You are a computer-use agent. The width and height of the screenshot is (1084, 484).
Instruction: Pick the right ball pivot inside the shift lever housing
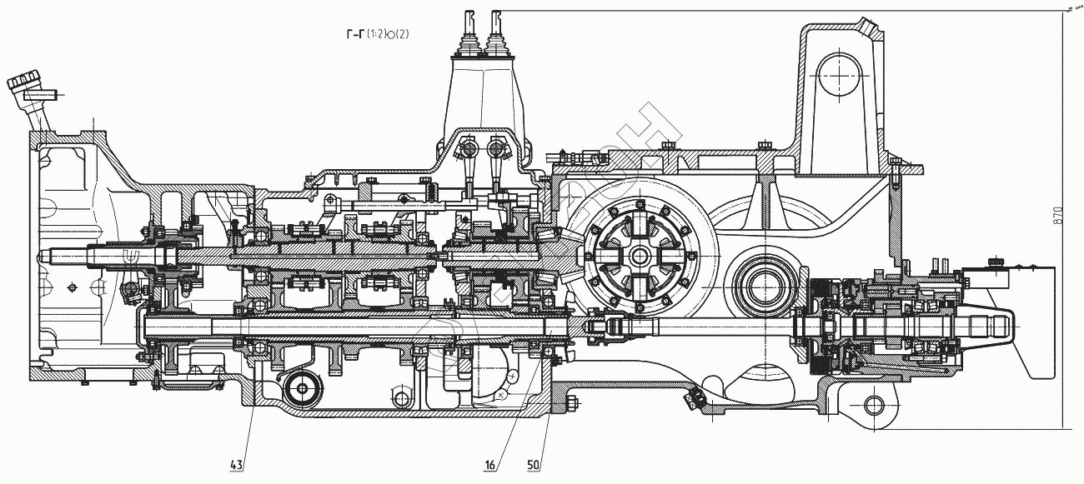[498, 150]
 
